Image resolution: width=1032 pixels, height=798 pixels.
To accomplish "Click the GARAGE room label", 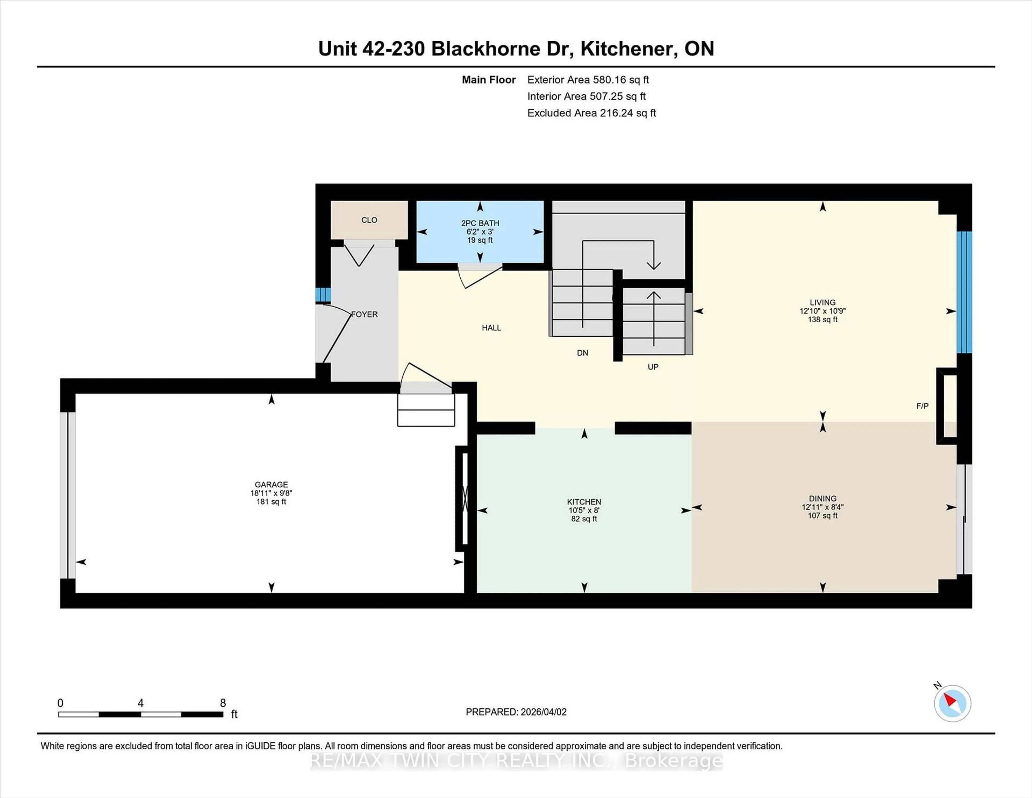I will click(271, 484).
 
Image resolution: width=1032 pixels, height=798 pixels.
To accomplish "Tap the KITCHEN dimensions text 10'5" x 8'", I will click(584, 510).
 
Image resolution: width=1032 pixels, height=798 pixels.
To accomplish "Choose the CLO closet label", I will click(369, 220).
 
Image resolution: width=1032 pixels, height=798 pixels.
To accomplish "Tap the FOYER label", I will click(364, 314).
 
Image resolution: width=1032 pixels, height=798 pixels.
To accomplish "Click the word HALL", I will click(492, 327).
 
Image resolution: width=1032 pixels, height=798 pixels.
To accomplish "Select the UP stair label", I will click(653, 367).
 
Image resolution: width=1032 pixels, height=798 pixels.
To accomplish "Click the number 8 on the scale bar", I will click(223, 703).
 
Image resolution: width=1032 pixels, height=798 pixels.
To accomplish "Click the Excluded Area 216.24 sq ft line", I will click(592, 113).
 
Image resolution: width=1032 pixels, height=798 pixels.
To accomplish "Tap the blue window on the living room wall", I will click(964, 292).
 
